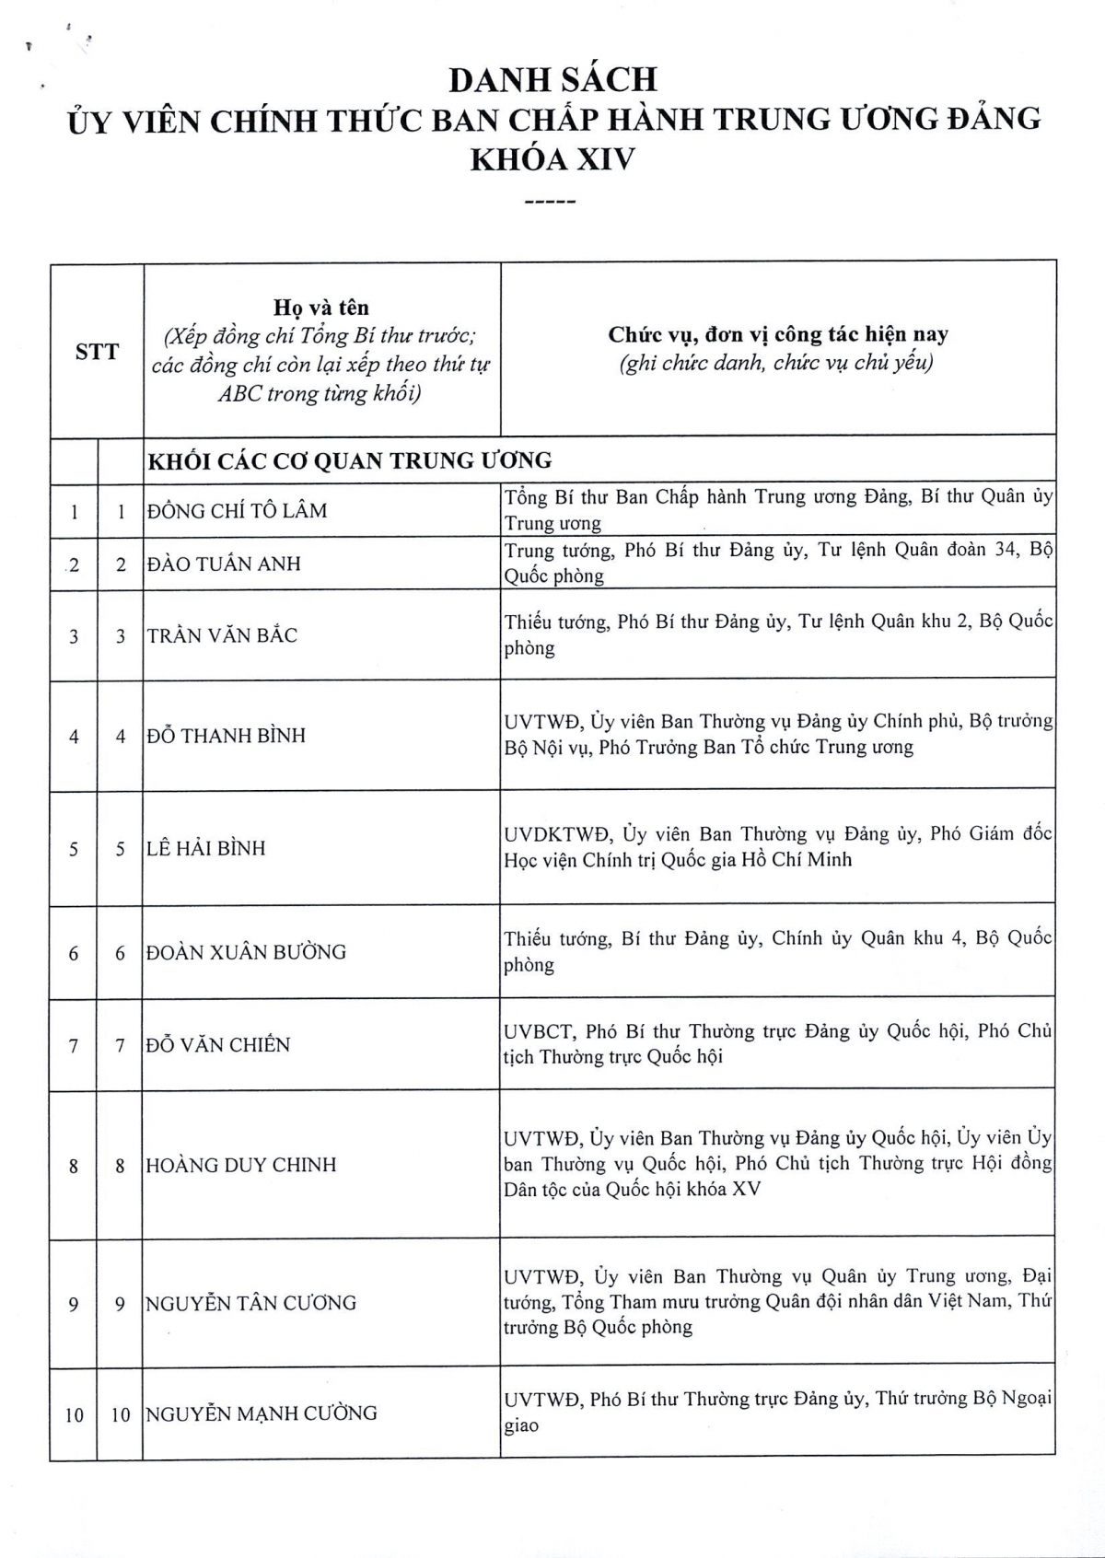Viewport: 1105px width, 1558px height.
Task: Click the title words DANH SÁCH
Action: click(x=553, y=80)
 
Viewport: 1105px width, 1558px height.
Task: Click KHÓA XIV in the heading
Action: click(x=552, y=159)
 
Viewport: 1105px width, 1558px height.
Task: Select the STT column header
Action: click(x=97, y=351)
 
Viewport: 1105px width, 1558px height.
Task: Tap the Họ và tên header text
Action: click(x=320, y=308)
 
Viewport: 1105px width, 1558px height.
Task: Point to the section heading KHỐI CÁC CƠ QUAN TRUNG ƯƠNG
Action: click(x=350, y=460)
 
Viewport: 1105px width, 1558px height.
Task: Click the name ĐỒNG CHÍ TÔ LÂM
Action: click(x=237, y=511)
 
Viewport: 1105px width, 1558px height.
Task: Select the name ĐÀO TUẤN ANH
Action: click(x=224, y=564)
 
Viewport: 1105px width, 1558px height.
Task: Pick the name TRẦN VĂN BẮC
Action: click(x=222, y=635)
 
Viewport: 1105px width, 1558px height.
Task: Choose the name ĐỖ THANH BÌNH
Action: click(x=226, y=736)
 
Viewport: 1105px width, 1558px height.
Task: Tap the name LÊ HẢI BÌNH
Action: click(x=205, y=848)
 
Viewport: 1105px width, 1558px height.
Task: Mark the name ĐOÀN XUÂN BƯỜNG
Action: click(x=246, y=952)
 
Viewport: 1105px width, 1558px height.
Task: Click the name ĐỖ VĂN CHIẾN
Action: click(x=218, y=1045)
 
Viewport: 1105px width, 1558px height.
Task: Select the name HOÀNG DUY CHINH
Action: click(x=241, y=1165)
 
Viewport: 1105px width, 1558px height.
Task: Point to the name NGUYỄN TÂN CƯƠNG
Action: click(x=250, y=1303)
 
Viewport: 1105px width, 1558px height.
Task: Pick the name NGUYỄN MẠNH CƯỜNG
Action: click(x=262, y=1413)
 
